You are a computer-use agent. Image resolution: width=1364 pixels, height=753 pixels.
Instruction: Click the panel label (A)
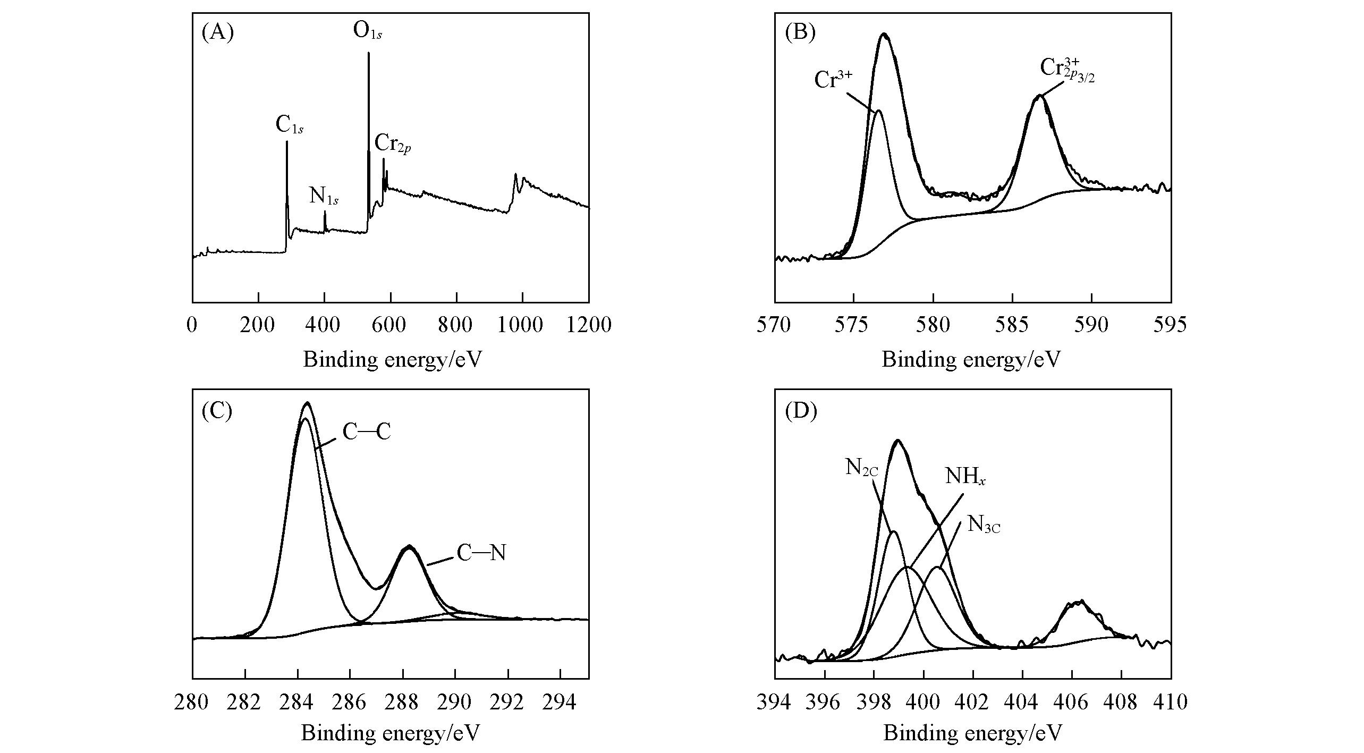217,33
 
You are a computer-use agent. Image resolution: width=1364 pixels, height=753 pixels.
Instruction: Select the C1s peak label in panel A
289,125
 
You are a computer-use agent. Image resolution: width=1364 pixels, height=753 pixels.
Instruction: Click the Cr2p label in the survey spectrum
392,144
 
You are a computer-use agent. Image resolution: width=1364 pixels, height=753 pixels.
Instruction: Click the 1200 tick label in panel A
589,325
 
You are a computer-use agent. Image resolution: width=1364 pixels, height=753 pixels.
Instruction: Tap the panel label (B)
800,33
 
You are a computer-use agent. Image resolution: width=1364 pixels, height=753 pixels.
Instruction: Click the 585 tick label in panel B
1013,325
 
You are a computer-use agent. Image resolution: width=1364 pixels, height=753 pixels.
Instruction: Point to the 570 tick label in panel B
775,325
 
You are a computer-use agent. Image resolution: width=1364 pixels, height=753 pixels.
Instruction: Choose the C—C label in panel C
367,433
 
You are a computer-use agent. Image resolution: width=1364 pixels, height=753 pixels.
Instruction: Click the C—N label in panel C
481,554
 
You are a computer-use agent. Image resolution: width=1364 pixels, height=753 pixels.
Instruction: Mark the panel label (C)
217,411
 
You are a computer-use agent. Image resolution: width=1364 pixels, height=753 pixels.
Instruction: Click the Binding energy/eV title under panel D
972,733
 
